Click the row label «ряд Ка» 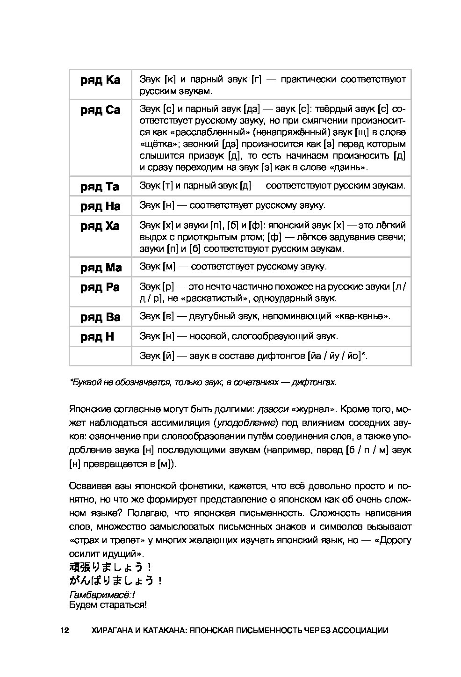point(100,80)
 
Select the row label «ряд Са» point(100,110)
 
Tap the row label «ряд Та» point(100,187)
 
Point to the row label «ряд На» point(100,206)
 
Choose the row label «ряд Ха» point(100,226)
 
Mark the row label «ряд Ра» point(100,287)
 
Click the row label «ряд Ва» point(100,317)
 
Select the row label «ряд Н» point(97,337)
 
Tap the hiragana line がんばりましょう point(115,581)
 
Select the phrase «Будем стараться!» point(108,605)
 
